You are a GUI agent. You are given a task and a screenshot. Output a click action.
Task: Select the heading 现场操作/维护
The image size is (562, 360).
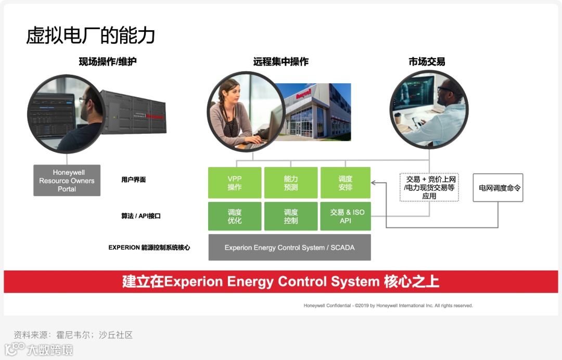click(108, 62)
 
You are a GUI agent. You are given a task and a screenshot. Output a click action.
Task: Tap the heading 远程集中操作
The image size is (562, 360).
click(281, 62)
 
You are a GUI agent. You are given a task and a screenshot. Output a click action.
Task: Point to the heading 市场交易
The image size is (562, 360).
click(427, 62)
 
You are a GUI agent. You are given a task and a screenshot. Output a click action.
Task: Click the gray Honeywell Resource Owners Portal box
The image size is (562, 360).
click(67, 181)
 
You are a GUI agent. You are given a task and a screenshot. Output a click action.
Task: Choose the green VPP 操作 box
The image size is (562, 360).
click(235, 183)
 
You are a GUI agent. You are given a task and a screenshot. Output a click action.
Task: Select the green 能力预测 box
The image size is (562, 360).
click(291, 183)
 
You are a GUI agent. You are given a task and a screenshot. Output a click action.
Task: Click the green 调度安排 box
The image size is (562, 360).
click(346, 183)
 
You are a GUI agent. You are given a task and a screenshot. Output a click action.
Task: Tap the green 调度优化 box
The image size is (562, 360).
click(235, 216)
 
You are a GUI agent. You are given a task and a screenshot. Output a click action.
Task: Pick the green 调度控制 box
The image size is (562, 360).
click(291, 216)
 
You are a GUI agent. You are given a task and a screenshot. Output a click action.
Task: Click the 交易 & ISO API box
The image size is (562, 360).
click(346, 216)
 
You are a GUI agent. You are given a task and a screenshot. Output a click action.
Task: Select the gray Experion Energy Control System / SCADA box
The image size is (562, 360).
click(289, 248)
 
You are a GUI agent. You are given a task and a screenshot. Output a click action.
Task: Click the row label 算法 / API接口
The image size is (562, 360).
click(140, 216)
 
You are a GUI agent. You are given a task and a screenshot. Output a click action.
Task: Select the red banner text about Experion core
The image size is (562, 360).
click(281, 282)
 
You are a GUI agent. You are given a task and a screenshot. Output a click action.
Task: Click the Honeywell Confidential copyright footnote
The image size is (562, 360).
click(388, 306)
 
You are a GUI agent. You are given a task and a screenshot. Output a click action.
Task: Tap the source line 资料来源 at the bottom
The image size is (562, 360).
click(73, 335)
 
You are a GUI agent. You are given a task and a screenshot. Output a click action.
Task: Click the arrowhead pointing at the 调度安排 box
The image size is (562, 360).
click(374, 183)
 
